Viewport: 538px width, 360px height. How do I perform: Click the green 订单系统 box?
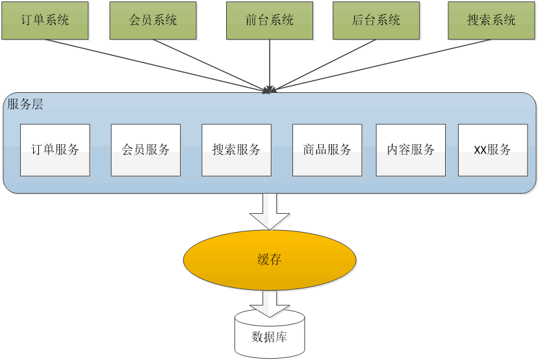tap(45, 20)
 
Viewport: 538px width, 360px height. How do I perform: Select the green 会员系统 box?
tap(152, 20)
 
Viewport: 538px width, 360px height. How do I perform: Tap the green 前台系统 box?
tap(269, 20)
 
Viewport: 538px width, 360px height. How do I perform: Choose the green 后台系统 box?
tap(376, 20)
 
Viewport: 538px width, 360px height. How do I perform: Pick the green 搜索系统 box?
tap(491, 20)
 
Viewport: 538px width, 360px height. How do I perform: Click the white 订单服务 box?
tap(55, 150)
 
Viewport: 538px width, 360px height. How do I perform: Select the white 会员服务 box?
tap(146, 150)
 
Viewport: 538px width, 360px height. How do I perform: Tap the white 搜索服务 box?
tap(237, 150)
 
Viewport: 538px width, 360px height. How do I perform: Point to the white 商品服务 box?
tap(327, 150)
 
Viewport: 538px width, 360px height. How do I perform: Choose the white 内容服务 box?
tap(411, 150)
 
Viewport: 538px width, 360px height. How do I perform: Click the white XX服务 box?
tap(493, 150)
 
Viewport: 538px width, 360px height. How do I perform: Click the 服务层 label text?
tap(25, 104)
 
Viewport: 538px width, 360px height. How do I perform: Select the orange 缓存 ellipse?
tap(270, 260)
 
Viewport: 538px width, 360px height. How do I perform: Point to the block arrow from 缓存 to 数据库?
tap(270, 302)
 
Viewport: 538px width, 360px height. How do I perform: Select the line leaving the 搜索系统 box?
tap(383, 64)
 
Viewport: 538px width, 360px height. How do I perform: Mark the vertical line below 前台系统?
tap(269, 62)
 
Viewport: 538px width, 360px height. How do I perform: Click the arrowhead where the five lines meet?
tap(269, 90)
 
